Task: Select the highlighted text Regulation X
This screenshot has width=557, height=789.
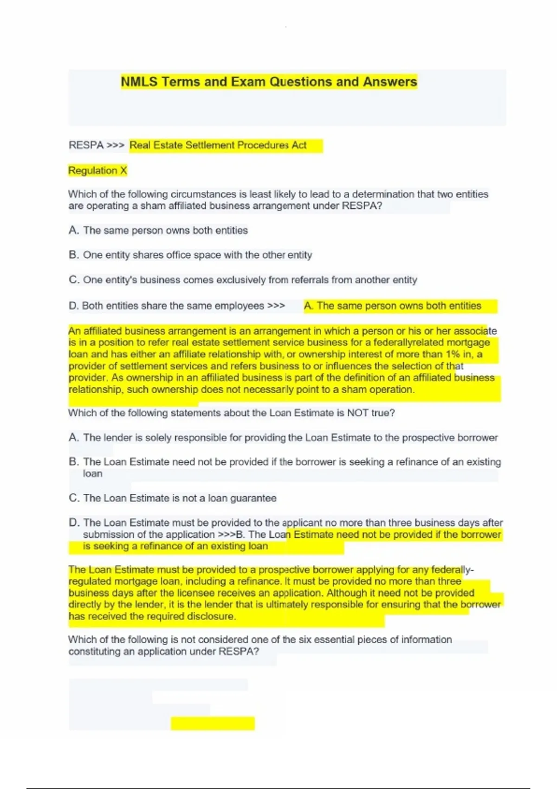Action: tap(97, 171)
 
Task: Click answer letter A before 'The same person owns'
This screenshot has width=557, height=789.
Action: tap(73, 231)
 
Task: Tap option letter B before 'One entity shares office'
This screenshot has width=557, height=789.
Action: tap(73, 255)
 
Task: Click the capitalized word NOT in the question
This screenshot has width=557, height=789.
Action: tap(358, 413)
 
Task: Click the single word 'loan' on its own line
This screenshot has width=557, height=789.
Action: tap(92, 474)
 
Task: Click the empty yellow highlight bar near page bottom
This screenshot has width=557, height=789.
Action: tap(213, 723)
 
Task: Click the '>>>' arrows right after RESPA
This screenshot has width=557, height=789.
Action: tap(116, 145)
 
